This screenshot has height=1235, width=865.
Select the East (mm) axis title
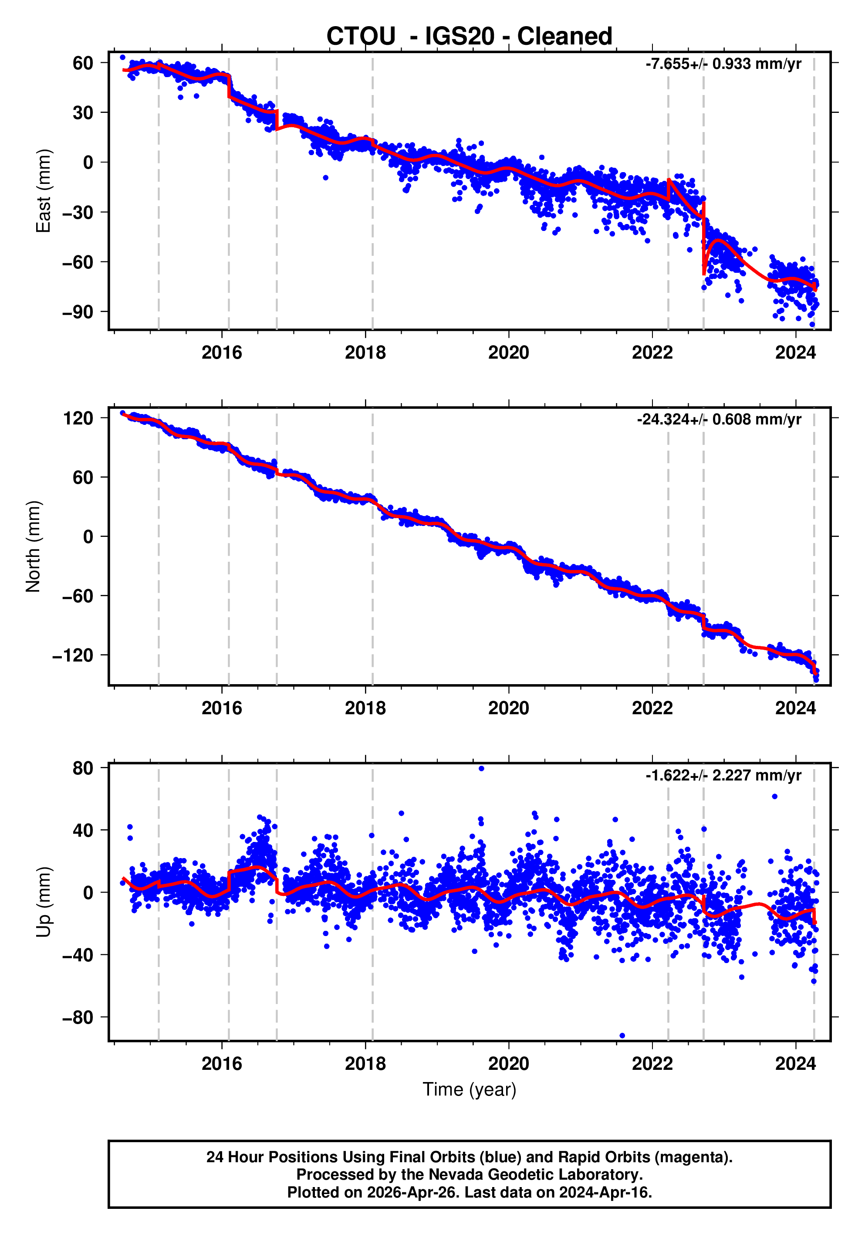tap(43, 191)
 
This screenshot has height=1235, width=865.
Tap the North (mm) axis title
tap(34, 546)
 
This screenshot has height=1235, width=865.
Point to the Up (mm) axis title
tap(43, 902)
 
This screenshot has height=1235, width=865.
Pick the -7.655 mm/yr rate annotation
tap(723, 64)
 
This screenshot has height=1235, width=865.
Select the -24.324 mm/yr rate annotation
tap(719, 420)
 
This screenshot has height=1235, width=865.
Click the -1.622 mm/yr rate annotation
tap(723, 775)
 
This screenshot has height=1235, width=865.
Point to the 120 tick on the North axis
tap(78, 418)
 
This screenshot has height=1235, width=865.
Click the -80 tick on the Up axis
tap(78, 1018)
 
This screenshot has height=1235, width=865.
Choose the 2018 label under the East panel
tap(365, 353)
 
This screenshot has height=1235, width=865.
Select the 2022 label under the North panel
tap(652, 709)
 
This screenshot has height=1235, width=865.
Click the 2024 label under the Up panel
tap(795, 1064)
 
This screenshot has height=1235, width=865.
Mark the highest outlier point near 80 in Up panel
tap(481, 769)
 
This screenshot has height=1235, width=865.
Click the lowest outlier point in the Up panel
tap(622, 1035)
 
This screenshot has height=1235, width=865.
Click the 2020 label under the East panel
tap(509, 353)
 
